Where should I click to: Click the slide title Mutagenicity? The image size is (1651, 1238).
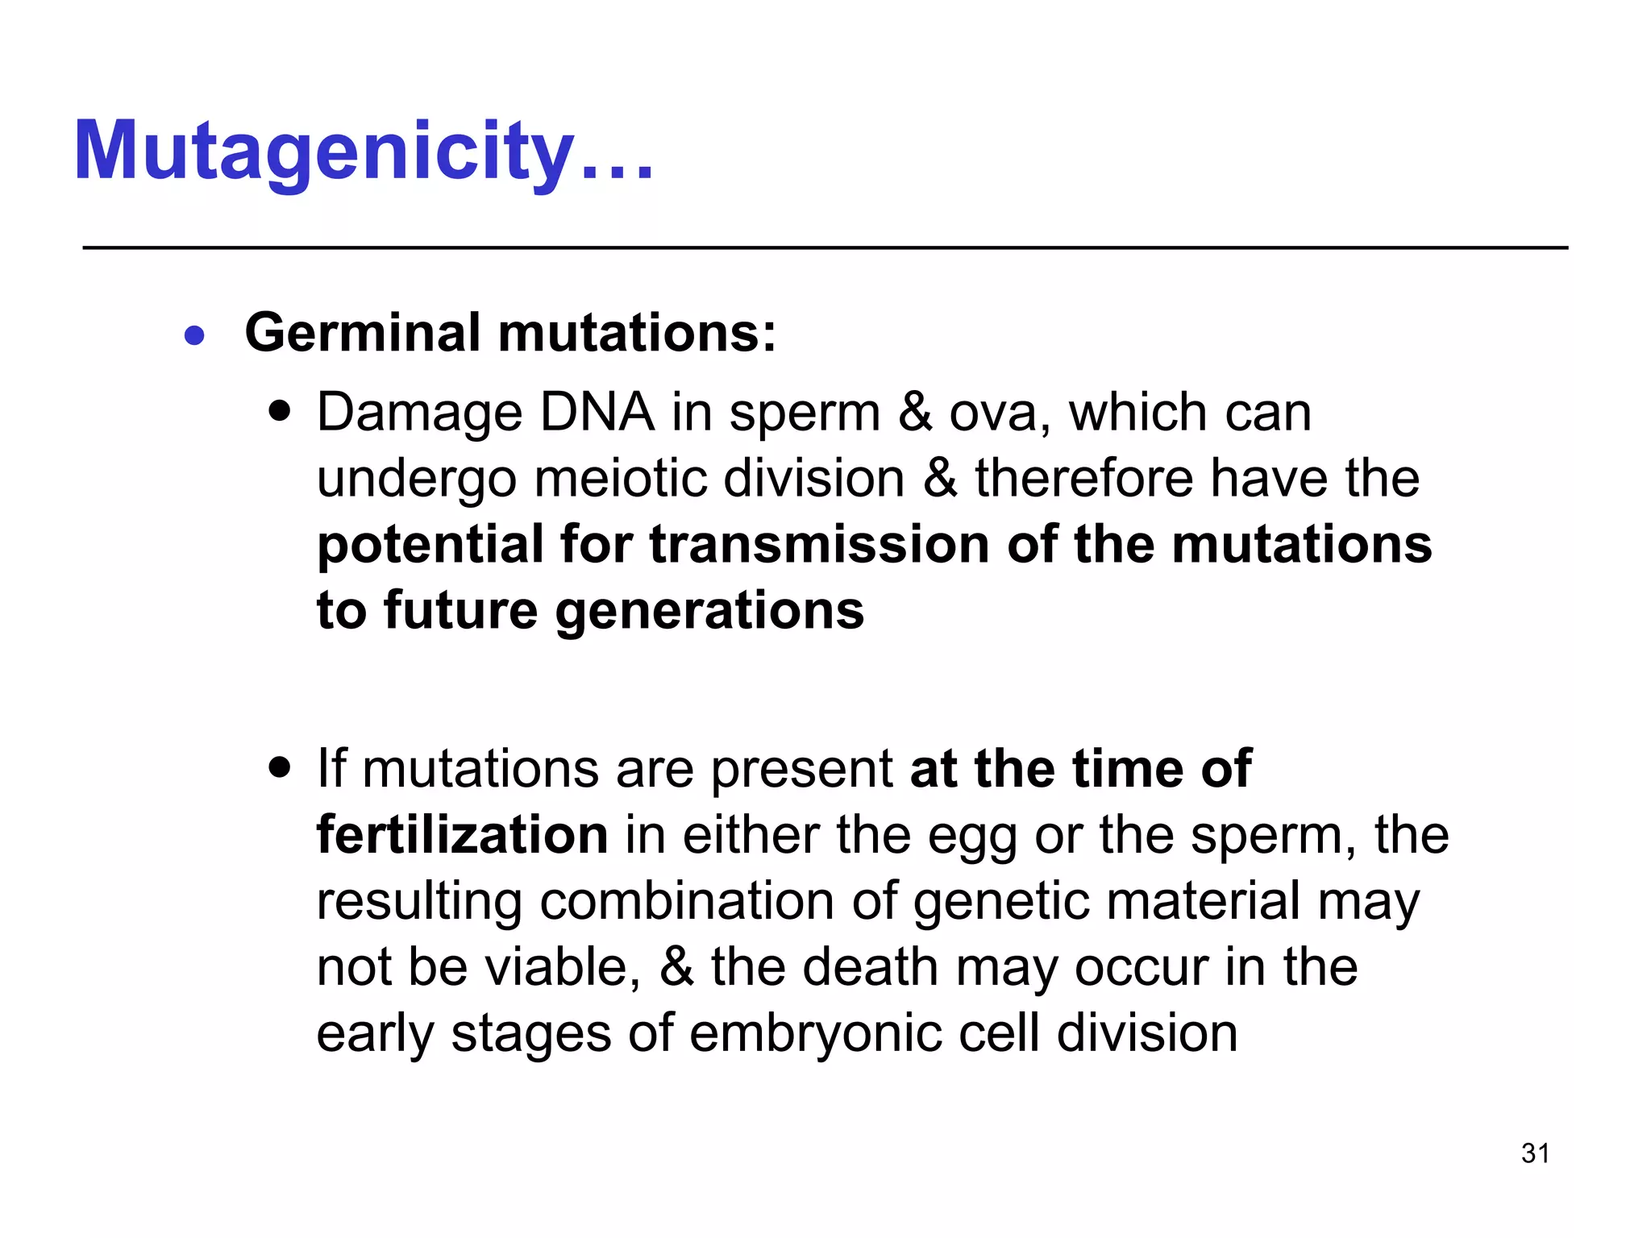pos(363,151)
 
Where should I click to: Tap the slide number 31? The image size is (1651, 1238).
pos(1535,1153)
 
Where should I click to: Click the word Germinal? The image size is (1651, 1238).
pos(363,333)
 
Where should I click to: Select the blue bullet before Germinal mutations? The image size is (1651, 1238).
pos(194,334)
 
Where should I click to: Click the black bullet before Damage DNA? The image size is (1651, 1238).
pos(279,412)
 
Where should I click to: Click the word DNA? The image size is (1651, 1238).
pos(597,412)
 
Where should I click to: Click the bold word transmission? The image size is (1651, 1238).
pos(818,544)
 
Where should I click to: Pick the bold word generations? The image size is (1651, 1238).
pos(709,612)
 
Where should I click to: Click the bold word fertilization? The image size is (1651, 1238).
pos(462,834)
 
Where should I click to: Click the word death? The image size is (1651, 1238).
pos(870,966)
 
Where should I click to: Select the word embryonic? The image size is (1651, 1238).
pos(815,1034)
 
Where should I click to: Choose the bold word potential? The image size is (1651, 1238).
pos(430,546)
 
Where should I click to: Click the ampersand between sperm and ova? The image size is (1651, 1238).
pos(914,412)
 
